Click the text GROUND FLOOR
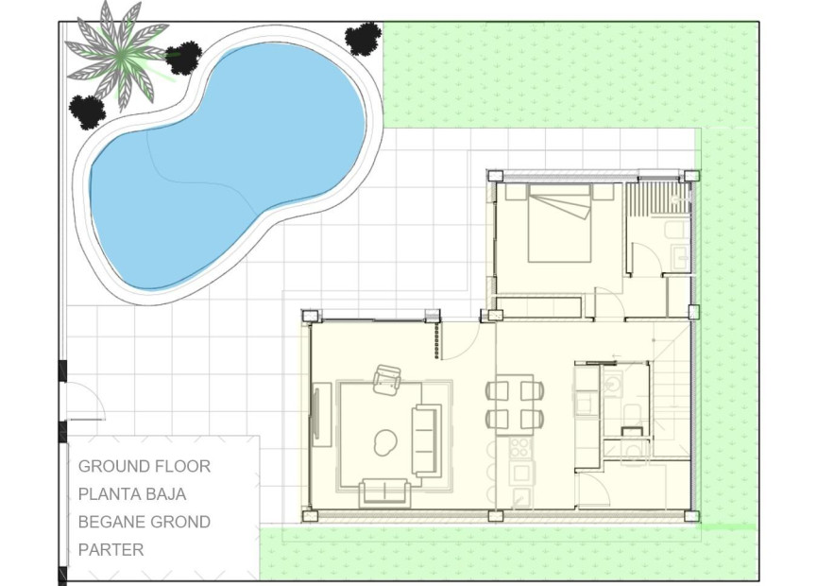coord(144,466)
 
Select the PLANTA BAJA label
coord(131,493)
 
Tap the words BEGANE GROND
coord(144,522)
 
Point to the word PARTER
coord(111,549)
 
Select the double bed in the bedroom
coord(558,223)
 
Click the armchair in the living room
coord(388,380)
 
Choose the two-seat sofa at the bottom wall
coord(384,491)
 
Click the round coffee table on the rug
coord(385,440)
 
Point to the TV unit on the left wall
coord(321,414)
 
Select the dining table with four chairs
coord(515,404)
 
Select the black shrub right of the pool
coord(363,39)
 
